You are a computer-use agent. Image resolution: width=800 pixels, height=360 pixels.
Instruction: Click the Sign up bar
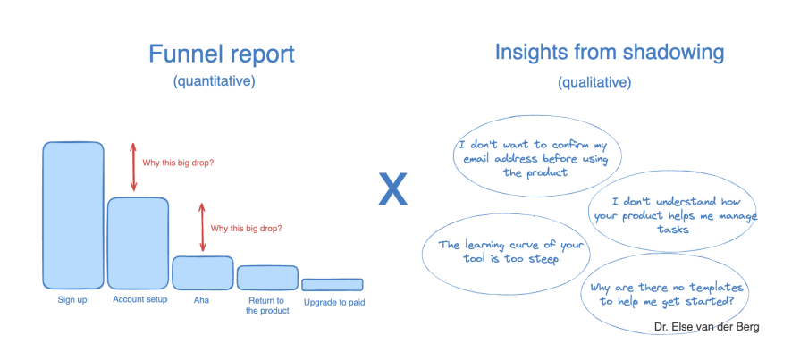point(73,214)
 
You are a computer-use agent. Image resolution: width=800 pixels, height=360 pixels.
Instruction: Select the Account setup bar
point(139,242)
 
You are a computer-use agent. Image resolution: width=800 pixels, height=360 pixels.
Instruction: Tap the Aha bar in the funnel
point(203,272)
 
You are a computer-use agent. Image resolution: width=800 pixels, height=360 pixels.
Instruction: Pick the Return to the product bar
point(267,277)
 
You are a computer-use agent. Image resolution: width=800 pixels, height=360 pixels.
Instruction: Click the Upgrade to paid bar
point(332,284)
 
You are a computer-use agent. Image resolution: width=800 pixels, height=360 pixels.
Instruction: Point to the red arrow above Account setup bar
point(134,167)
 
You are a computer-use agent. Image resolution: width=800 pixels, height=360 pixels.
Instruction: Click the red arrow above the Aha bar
point(203,228)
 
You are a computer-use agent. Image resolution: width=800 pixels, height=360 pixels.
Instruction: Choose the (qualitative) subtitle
point(594,82)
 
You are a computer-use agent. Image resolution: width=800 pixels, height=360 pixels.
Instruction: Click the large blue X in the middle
point(392,188)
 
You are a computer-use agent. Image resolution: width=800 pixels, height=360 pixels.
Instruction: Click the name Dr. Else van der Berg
point(706,327)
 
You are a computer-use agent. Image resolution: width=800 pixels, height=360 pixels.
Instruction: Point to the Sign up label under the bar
point(72,300)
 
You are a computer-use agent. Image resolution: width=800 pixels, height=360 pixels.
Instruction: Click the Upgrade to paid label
point(333,302)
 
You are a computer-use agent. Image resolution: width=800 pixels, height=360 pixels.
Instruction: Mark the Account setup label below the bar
point(139,300)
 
